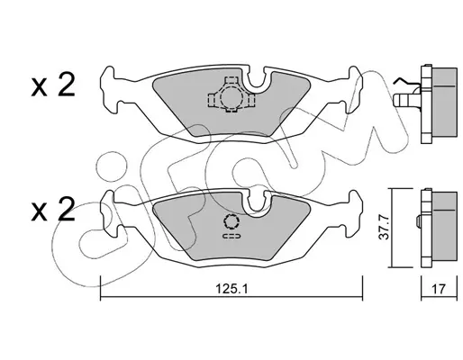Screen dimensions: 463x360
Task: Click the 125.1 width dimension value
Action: [x=231, y=289]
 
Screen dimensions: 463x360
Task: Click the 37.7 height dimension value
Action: [x=384, y=228]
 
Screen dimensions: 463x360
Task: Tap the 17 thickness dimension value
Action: [x=439, y=289]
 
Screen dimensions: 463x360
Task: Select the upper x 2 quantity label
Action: [x=53, y=85]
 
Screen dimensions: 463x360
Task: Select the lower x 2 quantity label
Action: [x=53, y=210]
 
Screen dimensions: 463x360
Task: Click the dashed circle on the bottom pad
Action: [x=231, y=222]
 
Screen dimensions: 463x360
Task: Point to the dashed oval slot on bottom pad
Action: [x=231, y=236]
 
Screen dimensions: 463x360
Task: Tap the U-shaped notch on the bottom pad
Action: [x=257, y=204]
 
